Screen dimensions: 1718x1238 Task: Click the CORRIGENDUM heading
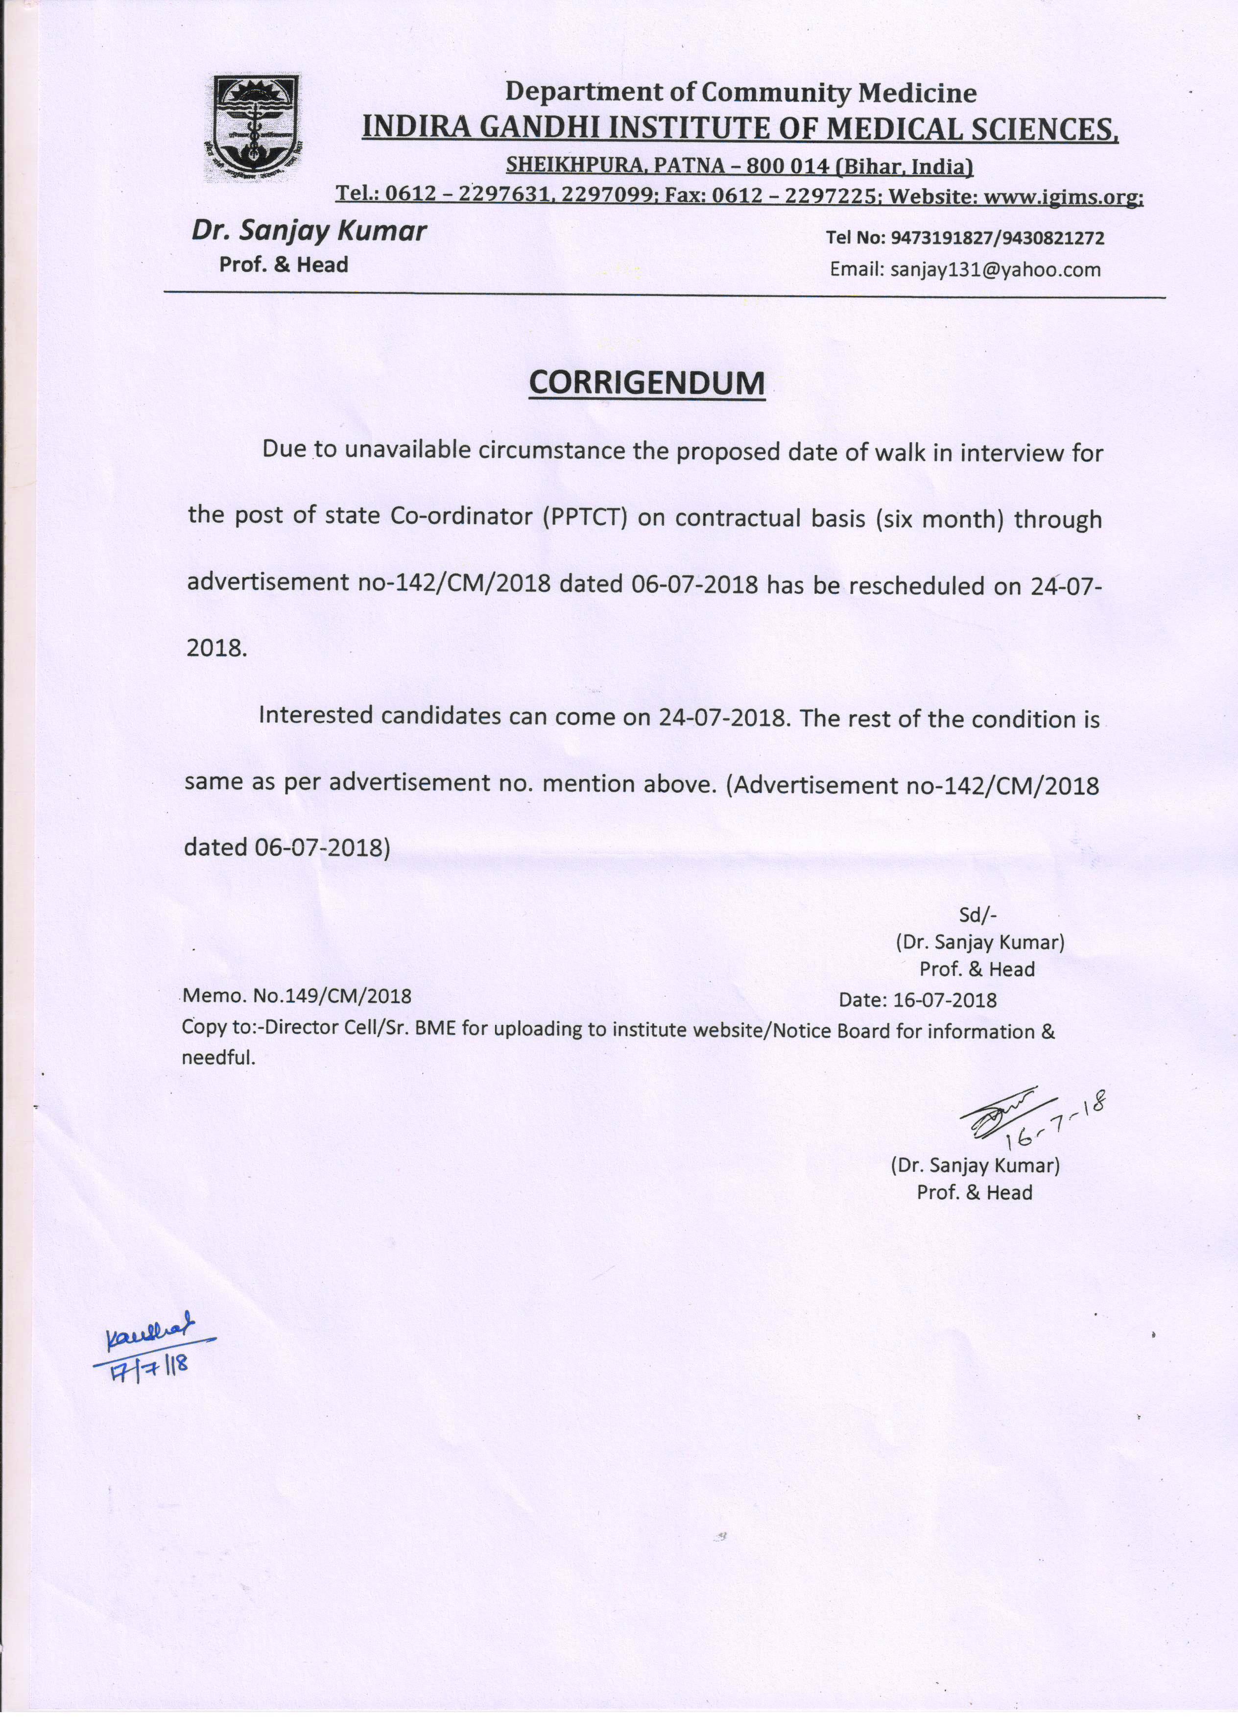646,383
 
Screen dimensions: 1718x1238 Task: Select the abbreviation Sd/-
977,914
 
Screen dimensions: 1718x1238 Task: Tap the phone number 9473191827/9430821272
997,238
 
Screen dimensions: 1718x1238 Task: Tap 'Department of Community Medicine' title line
740,93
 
